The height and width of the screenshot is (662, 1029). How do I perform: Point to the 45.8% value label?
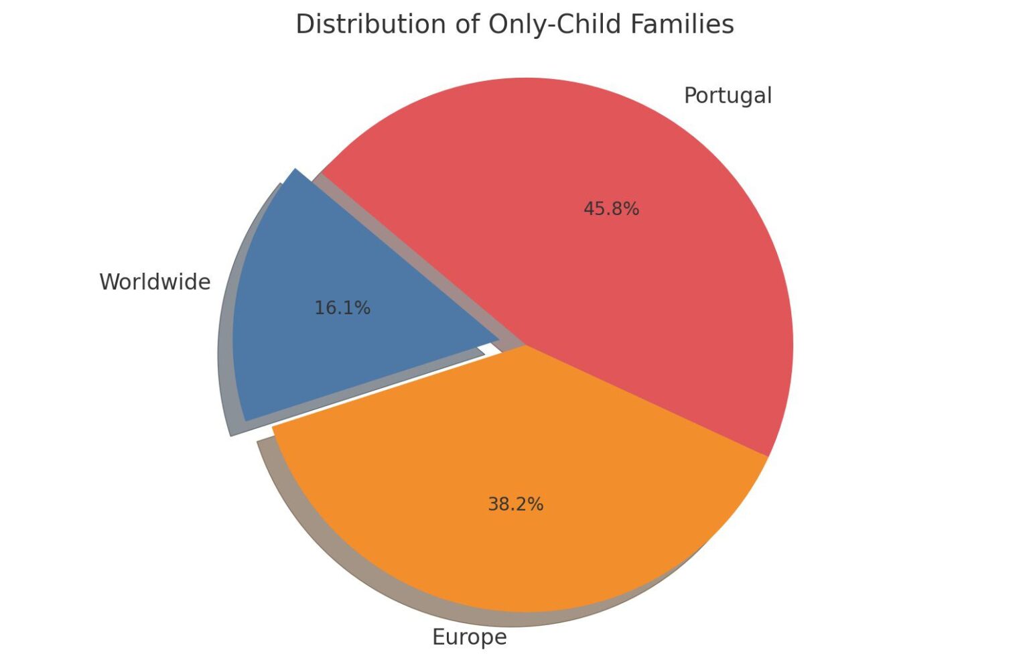[611, 209]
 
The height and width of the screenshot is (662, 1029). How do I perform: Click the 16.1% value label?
[342, 308]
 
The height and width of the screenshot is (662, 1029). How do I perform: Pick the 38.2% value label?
[515, 504]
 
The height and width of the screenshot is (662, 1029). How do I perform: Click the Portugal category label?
[728, 96]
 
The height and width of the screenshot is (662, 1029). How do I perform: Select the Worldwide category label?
[155, 282]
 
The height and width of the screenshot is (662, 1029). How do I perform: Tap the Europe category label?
[469, 637]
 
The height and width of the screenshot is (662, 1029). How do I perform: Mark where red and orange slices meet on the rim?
[768, 456]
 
